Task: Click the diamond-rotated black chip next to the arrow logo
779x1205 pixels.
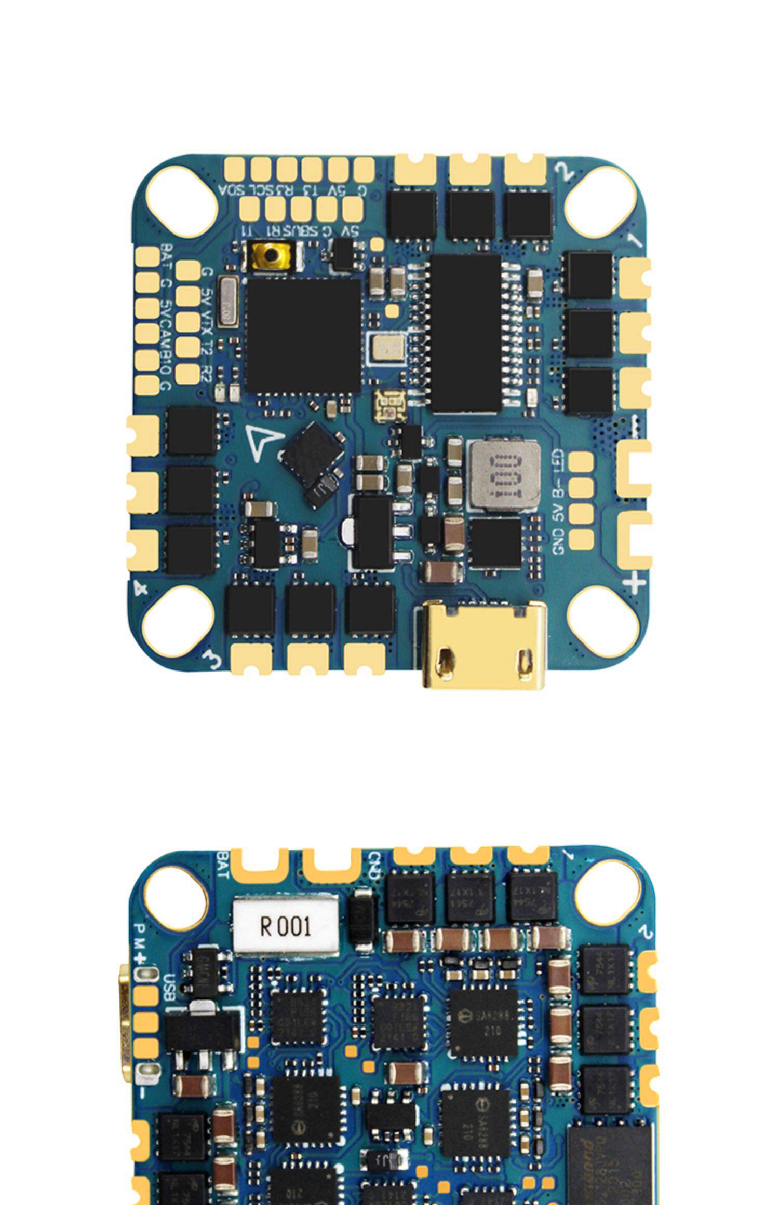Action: point(311,450)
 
